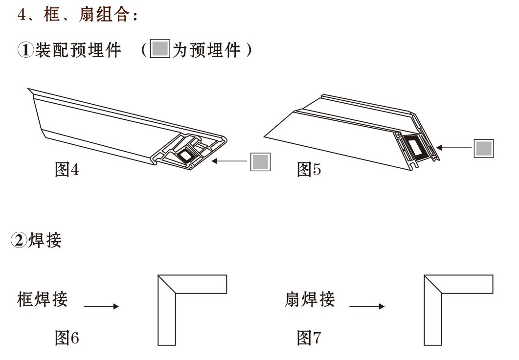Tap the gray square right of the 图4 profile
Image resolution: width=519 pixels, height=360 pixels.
[260, 161]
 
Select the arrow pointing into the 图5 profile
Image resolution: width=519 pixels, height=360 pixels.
[454, 147]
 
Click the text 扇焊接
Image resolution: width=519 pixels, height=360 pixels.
[310, 300]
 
